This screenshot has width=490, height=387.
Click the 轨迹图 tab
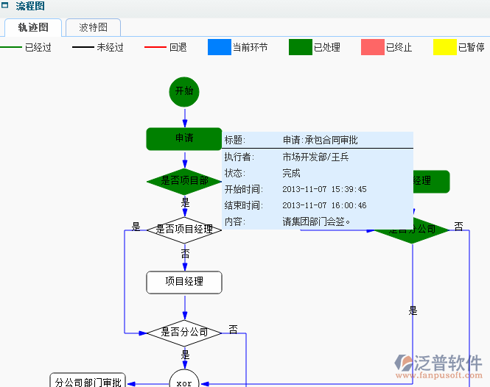pos(33,28)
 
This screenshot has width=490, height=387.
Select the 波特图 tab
pos(93,28)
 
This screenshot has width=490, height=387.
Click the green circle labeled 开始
pos(184,92)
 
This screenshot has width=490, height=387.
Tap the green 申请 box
pos(184,138)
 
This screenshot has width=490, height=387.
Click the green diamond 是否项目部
pos(183,181)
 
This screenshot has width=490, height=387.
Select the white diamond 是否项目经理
pos(184,230)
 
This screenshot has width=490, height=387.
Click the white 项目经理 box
pos(184,282)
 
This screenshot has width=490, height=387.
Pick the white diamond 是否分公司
pos(184,332)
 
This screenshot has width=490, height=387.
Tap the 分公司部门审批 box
pos(88,381)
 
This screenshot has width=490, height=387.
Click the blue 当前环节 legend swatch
pos(220,47)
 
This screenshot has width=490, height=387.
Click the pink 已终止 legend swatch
pos(373,47)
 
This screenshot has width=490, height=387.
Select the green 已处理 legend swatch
pos(301,47)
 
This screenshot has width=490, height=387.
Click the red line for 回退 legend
pos(155,47)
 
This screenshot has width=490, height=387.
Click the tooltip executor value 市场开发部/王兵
pos(315,157)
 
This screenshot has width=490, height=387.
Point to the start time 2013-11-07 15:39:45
pos(324,189)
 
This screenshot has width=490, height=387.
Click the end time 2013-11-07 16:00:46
pos(324,205)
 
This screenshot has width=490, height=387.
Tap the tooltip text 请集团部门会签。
pos(317,221)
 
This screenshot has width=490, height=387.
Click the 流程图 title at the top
pos(30,7)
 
